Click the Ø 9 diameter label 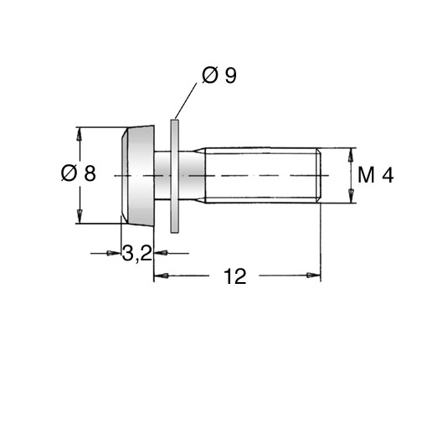(x=219, y=75)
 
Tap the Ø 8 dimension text (x=79, y=173)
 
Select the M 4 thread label (x=375, y=175)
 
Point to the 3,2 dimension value (x=136, y=254)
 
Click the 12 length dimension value (x=235, y=276)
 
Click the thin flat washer (x=174, y=176)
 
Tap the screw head (x=137, y=175)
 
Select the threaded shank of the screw (x=263, y=175)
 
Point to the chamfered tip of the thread (x=319, y=175)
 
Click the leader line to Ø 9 (x=186, y=100)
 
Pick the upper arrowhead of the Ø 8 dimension (x=80, y=134)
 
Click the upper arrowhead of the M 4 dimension (x=352, y=155)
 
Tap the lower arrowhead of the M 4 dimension (x=352, y=196)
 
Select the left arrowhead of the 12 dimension (x=162, y=275)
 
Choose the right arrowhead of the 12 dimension (x=314, y=275)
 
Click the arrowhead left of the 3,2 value (x=114, y=253)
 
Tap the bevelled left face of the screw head (x=124, y=175)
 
